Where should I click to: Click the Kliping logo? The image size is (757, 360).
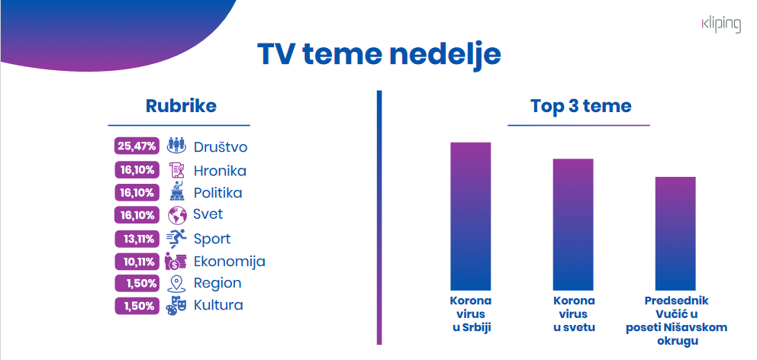tap(720, 24)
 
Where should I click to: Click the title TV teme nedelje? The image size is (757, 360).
tap(378, 56)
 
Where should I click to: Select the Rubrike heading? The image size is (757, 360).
tap(181, 106)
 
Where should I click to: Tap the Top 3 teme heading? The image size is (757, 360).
tap(581, 106)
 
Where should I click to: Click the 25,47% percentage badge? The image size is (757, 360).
tap(136, 146)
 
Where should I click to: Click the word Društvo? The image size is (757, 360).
tap(220, 146)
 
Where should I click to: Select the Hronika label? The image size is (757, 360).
tap(220, 171)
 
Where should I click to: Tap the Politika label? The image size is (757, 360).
tap(217, 193)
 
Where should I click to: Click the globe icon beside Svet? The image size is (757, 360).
tap(177, 215)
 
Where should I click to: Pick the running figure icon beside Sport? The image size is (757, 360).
tap(176, 239)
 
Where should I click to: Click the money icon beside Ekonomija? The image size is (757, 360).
tap(176, 262)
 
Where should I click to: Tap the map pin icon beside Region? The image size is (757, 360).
tap(176, 284)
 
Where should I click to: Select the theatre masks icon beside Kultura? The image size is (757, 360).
tap(176, 306)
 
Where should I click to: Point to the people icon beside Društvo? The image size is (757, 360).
tap(176, 146)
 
